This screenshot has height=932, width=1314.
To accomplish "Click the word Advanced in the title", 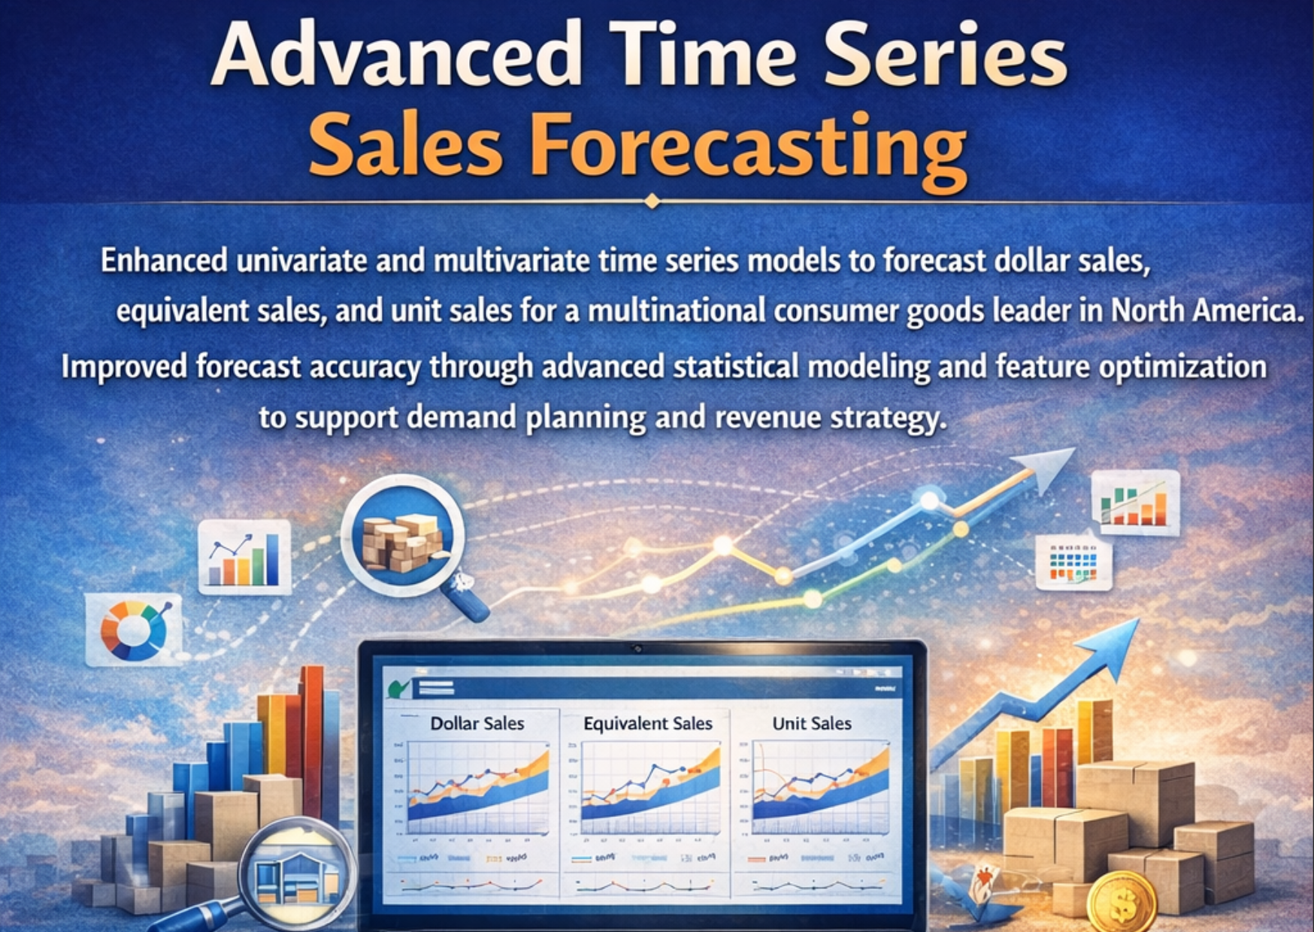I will point(396,54).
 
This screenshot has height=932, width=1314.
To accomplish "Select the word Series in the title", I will point(944,54).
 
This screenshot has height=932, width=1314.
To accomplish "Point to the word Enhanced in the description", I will point(164,261).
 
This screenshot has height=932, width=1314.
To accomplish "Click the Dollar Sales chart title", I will point(477,723).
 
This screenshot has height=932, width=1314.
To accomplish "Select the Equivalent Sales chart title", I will point(647,723).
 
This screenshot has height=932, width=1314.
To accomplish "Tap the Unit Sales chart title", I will point(812,723).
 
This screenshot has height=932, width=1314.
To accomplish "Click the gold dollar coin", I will point(1122,903).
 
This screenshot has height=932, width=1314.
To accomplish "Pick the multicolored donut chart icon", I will point(134,630).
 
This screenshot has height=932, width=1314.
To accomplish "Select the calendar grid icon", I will point(1073,562).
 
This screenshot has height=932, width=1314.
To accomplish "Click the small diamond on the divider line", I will point(652,201).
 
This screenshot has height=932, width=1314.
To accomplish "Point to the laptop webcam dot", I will point(638,648).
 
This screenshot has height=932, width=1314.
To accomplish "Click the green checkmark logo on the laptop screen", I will point(396,688).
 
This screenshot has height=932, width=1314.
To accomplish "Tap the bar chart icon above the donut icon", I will point(244,557).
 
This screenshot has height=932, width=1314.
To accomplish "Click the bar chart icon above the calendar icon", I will point(1135,502).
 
